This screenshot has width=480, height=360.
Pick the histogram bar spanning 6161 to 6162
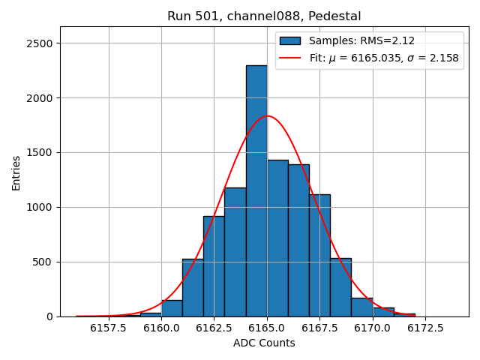coord(193,288)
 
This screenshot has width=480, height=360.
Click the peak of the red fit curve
coord(268,116)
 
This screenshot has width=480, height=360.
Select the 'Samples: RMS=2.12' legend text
coord(361,41)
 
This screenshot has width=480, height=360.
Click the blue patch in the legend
coord(290,41)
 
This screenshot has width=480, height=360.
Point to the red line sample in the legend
coord(290,58)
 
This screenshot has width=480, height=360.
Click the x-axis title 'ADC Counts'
coord(264,343)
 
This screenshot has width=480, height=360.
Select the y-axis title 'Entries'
coord(16,172)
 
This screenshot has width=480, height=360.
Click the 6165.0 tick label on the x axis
coord(268,328)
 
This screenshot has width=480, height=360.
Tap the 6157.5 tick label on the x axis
coord(109,328)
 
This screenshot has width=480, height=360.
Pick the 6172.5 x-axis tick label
coord(426,328)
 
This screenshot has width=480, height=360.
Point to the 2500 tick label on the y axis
coord(40,43)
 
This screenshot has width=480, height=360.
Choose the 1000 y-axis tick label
coord(40,207)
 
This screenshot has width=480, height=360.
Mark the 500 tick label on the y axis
coord(43,262)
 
